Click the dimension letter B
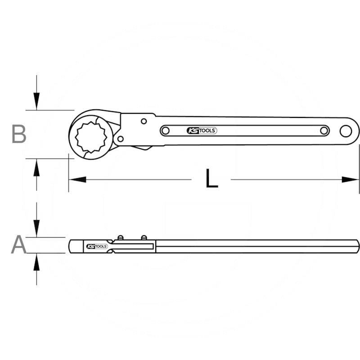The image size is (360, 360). coord(18,134)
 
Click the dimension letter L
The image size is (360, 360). coord(211,179)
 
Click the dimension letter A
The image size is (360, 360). coord(18,245)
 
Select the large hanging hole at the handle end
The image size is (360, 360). coord(346,131)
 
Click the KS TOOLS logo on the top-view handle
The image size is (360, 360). coord(202,131)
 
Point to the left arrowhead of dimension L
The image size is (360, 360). coord(76,180)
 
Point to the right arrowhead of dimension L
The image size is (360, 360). coord(351,180)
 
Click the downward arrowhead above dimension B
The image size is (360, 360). coord(36,101)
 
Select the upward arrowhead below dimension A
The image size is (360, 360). coord(36,262)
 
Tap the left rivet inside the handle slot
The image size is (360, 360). coord(166,131)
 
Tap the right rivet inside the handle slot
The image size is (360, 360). coord(324,131)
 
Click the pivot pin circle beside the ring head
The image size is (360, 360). coord(120,138)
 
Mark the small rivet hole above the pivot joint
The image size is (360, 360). coord(143,121)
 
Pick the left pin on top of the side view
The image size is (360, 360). coord(120,237)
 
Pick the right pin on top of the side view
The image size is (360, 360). coord(144,237)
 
